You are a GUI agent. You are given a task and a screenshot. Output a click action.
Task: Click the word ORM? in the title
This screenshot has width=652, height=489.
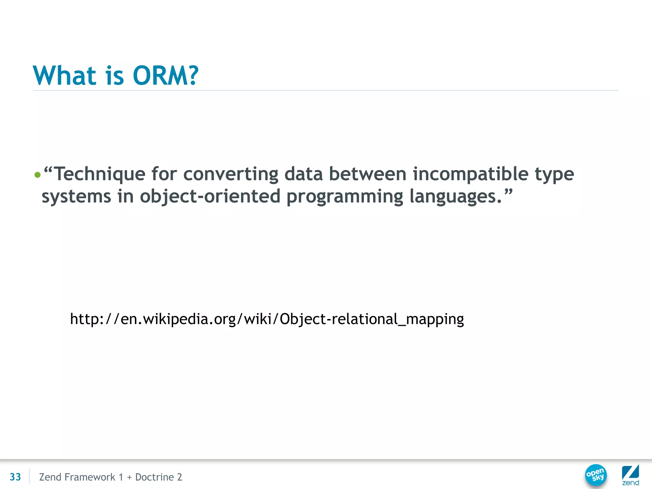pyautogui.click(x=165, y=76)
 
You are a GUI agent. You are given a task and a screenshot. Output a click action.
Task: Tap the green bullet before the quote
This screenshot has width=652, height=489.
pyautogui.click(x=38, y=175)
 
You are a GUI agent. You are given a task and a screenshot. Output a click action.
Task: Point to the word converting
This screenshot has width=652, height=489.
pyautogui.click(x=230, y=174)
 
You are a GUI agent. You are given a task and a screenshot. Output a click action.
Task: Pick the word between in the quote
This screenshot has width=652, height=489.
pyautogui.click(x=367, y=174)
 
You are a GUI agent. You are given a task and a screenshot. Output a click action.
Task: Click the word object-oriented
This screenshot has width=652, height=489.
pyautogui.click(x=210, y=196)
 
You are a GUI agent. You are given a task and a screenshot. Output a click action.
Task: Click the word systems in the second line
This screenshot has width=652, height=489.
pyautogui.click(x=76, y=196)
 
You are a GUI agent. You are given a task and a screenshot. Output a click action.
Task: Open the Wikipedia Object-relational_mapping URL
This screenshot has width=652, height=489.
pyautogui.click(x=267, y=319)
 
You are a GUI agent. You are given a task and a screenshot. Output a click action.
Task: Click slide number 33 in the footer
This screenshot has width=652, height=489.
pyautogui.click(x=15, y=477)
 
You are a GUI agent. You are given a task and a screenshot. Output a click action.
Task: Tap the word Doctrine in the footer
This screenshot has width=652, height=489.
pyautogui.click(x=154, y=477)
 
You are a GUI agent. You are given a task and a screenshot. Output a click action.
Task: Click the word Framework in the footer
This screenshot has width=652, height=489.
pyautogui.click(x=89, y=477)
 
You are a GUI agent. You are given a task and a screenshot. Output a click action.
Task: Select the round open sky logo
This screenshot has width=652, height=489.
pyautogui.click(x=596, y=475)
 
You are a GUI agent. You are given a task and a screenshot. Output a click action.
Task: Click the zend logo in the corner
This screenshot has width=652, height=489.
pyautogui.click(x=630, y=475)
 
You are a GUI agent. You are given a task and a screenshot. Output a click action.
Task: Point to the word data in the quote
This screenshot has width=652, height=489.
pyautogui.click(x=303, y=174)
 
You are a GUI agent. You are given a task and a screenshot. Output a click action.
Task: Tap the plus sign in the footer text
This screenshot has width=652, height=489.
pyautogui.click(x=129, y=477)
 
